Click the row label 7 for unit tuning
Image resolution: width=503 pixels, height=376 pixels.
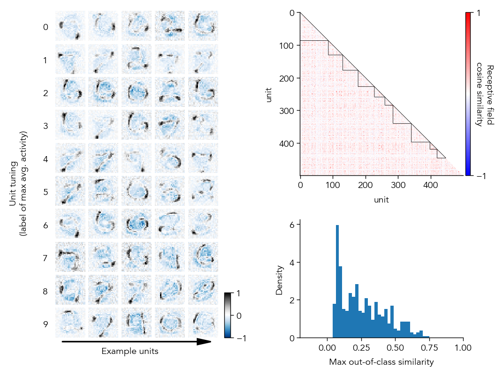(46, 258)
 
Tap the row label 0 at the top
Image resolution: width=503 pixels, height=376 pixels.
(46, 27)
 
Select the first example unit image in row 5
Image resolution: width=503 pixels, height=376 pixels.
(70, 190)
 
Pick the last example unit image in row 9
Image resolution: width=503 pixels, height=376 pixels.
(203, 323)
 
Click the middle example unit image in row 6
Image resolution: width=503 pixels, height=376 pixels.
(137, 224)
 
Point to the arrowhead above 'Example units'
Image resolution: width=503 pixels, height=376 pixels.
(204, 342)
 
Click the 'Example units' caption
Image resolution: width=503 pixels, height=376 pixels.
(130, 351)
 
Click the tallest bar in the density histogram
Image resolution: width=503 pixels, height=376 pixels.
(337, 281)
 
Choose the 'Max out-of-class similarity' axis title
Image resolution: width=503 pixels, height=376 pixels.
(381, 362)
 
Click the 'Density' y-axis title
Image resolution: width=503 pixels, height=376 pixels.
(280, 280)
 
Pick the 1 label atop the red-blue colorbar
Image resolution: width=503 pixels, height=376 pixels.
(478, 14)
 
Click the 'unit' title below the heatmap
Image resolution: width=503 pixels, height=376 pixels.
(381, 200)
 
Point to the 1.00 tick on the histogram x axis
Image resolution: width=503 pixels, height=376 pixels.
(463, 348)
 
